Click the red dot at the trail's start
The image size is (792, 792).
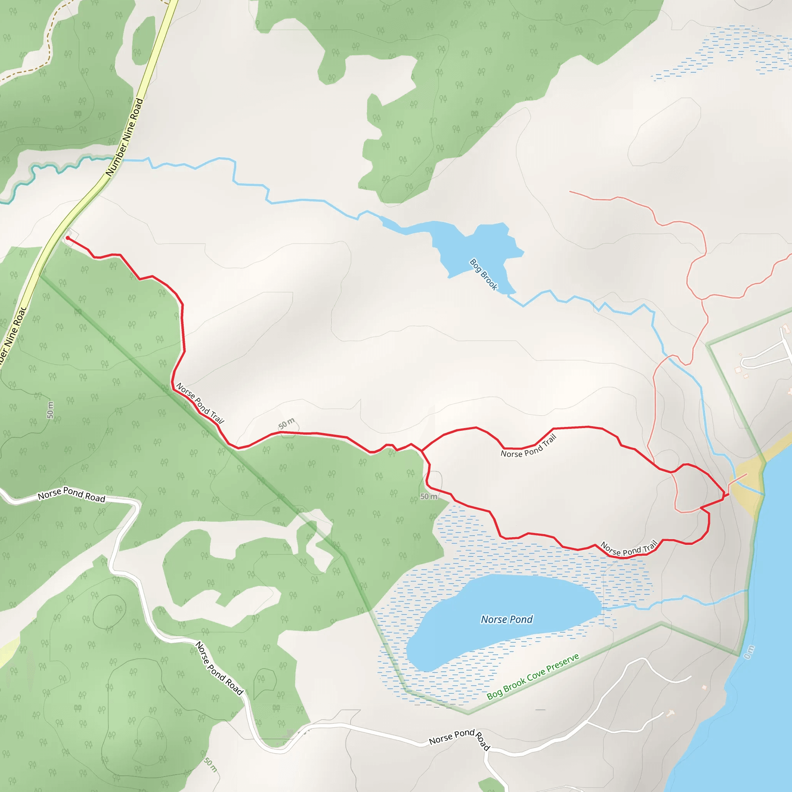point(68,238)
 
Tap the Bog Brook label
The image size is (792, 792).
point(484,274)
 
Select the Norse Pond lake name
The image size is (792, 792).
point(507,620)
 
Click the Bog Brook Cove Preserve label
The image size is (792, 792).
point(533,676)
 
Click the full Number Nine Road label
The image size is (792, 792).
point(125,137)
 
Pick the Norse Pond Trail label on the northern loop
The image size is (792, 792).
point(529,446)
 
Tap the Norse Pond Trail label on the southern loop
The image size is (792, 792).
point(629,548)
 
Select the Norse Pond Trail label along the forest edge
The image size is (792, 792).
point(200,403)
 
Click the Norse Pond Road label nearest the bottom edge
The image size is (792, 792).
point(459,740)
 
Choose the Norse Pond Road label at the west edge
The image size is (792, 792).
point(72,494)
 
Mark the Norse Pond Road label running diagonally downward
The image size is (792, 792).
point(219,668)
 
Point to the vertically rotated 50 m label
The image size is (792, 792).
point(50,410)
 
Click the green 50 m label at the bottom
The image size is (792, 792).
point(210,764)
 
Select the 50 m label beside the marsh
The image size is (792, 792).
point(429,497)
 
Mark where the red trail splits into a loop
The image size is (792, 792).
point(422,451)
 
